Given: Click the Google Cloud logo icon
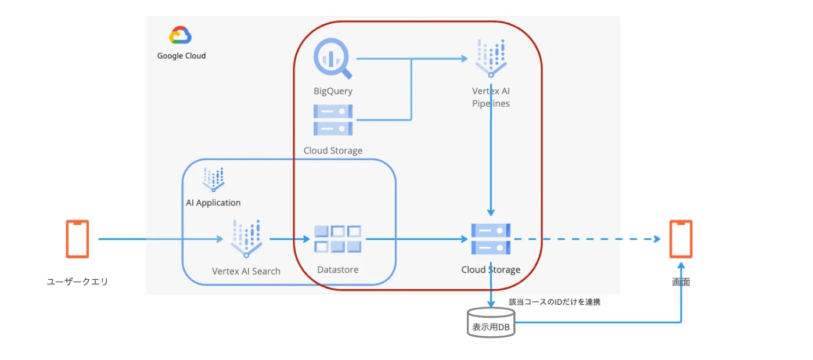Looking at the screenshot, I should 181,36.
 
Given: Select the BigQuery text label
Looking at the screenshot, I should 333,91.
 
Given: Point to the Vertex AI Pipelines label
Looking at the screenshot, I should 491,98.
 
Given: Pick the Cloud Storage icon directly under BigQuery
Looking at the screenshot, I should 333,120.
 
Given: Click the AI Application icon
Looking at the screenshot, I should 213,179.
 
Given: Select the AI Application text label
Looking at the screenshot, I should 213,203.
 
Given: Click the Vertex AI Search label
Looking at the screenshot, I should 246,271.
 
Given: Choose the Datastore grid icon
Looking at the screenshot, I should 337,239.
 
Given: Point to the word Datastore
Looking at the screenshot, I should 337,269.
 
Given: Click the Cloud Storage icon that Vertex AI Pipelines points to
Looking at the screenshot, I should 491,239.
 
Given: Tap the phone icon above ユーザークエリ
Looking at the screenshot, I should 77,239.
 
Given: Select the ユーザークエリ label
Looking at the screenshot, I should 77,282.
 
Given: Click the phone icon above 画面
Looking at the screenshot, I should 681,239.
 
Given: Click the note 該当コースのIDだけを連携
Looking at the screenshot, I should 555,302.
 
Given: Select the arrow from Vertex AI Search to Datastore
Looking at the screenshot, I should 289,239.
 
